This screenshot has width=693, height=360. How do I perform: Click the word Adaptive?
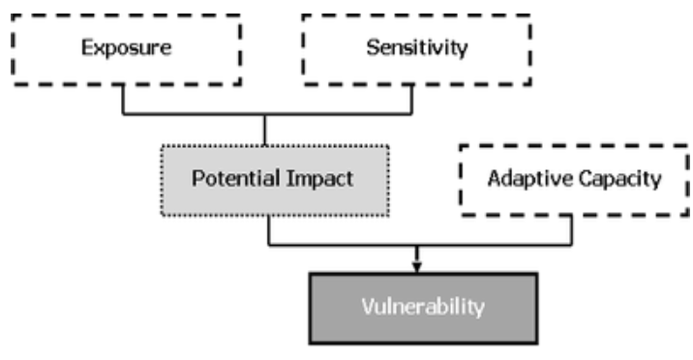[523, 180]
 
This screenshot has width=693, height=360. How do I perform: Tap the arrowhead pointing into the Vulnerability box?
[416, 264]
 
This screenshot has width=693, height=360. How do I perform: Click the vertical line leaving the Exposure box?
[123, 98]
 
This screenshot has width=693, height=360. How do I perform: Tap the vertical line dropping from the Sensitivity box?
[414, 98]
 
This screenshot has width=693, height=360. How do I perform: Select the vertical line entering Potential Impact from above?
[265, 130]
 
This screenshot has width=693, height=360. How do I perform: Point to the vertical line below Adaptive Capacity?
[572, 227]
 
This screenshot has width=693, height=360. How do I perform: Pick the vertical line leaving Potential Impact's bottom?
[268, 228]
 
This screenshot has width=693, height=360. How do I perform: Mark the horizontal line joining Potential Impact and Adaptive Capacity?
[484, 244]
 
